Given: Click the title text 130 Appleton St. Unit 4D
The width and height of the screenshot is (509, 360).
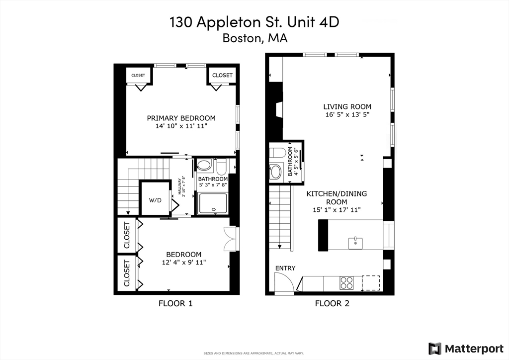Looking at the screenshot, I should point(254,22).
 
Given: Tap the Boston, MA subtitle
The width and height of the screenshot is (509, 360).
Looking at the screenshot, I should point(254,38).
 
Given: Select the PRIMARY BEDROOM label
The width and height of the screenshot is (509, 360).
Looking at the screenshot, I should point(181,118).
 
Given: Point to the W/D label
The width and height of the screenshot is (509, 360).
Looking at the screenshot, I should point(155,200).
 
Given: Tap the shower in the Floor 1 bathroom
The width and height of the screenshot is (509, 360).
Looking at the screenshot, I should point(213,204).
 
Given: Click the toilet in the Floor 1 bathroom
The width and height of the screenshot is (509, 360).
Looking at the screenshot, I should point(222,165).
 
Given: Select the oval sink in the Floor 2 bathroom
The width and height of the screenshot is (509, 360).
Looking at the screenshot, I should point(275,172).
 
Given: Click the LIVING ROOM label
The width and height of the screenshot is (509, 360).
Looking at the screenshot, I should point(347,106).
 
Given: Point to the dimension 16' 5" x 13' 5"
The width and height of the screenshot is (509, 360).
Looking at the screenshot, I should point(347,115).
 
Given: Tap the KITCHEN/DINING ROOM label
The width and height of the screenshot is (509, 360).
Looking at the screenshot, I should point(336,197).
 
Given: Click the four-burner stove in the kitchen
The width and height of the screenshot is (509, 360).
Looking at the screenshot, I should point(346,283).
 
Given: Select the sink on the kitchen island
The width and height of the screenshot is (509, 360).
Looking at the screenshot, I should point(355,243).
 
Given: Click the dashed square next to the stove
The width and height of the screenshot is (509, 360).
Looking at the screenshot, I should point(371,283).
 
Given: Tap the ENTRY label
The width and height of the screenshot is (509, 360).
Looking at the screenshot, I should point(285,268).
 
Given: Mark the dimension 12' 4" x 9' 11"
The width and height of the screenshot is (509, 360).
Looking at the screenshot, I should point(183,263).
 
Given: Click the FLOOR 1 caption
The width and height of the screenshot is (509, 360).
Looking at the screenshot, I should point(175,303).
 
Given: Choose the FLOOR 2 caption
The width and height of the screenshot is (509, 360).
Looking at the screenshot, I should point(332,303).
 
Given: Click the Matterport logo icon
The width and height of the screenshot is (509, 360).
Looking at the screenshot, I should point(434,348).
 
